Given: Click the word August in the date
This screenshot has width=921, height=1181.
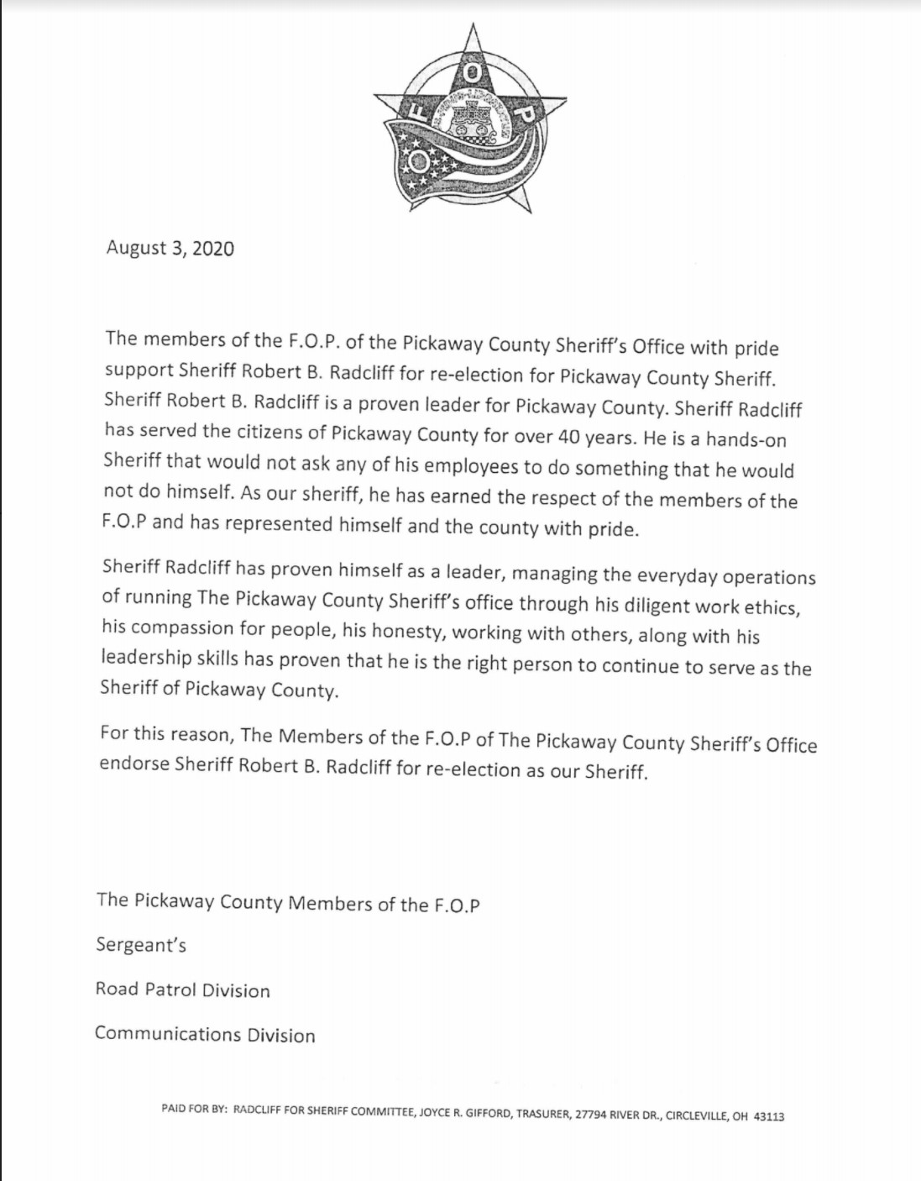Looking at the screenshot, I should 136,249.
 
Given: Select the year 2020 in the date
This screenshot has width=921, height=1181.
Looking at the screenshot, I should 213,249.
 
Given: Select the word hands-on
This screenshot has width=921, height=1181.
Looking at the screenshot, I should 746,439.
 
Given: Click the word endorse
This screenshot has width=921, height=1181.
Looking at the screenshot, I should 134,764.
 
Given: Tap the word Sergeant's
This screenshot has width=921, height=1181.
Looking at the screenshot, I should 141,945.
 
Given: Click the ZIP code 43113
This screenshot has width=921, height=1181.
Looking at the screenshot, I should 769,1116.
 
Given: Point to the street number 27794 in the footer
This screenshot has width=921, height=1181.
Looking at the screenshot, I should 591,1115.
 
